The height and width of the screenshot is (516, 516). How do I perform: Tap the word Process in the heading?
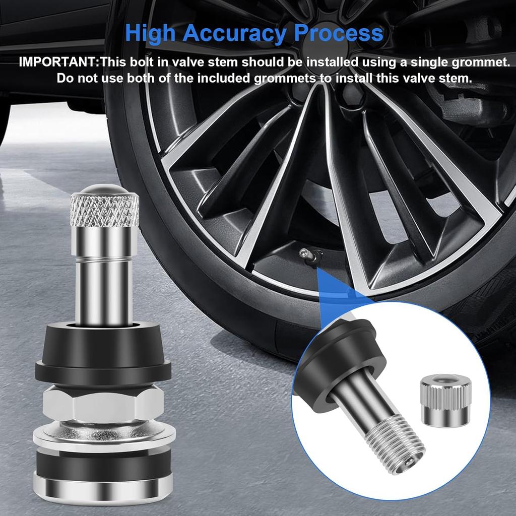[x=339, y=33]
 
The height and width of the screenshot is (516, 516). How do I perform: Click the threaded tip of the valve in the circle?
[x=398, y=438]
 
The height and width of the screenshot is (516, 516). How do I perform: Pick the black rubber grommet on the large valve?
[x=104, y=353]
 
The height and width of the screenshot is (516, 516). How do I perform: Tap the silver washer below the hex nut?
[x=104, y=433]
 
